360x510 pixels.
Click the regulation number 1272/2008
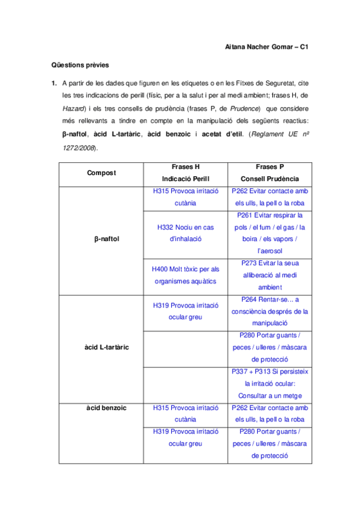pyautogui.click(x=72, y=148)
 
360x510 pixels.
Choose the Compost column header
pyautogui.click(x=102, y=173)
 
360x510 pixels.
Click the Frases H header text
pyautogui.click(x=186, y=166)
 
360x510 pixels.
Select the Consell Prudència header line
pyautogui.click(x=270, y=179)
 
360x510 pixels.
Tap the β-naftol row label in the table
pyautogui.click(x=107, y=239)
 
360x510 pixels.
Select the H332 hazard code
pyautogui.click(x=165, y=227)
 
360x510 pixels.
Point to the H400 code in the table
pyautogui.click(x=162, y=269)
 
